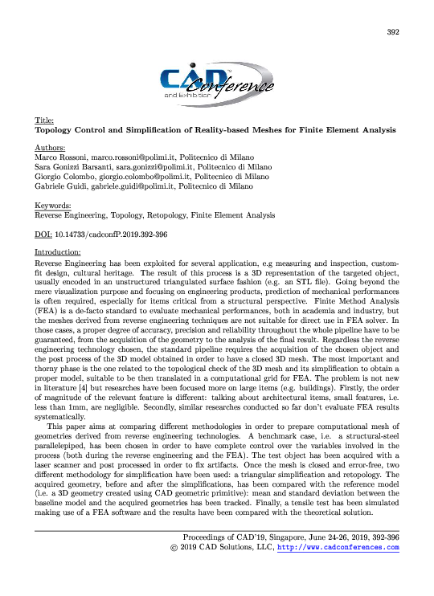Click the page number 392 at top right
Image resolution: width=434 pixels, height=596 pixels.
393,32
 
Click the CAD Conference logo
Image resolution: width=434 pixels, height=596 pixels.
217,82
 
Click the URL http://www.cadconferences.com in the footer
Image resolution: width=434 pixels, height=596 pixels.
338,548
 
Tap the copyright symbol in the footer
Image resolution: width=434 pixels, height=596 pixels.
186,548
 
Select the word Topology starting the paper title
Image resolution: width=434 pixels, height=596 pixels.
59,129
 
